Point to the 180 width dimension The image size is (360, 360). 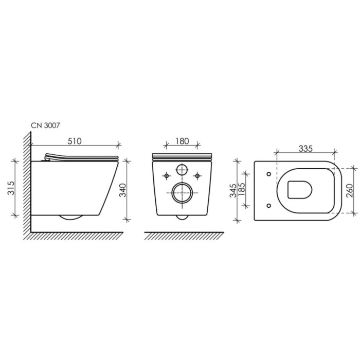pyautogui.click(x=182, y=141)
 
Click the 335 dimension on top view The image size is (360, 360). pyautogui.click(x=305, y=149)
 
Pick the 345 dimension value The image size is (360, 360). pyautogui.click(x=233, y=190)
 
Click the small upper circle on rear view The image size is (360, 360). pyautogui.click(x=182, y=170)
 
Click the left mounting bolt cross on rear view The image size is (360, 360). pyautogui.click(x=166, y=176)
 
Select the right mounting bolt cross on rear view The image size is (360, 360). pyautogui.click(x=197, y=176)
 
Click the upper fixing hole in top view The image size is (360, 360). pyautogui.click(x=270, y=173)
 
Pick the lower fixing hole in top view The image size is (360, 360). pyautogui.click(x=270, y=206)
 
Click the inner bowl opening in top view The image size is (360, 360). pyautogui.click(x=299, y=190)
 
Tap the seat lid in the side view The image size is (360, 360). pyautogui.click(x=82, y=157)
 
